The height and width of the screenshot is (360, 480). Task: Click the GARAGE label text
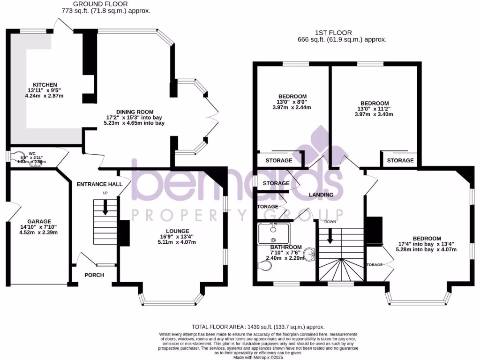pos(38,221)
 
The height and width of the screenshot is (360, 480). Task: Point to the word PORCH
pos(94,275)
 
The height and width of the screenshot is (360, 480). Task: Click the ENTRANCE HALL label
pos(99,184)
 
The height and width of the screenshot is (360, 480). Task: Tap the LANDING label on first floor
pos(321,195)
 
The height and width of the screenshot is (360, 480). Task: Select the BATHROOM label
pos(286,247)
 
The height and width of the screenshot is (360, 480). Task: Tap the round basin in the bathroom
pos(308,255)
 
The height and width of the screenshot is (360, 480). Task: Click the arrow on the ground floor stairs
pos(105,207)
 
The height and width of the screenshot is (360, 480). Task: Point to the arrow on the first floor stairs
pos(330,236)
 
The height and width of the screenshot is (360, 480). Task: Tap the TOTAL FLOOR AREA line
pos(258,327)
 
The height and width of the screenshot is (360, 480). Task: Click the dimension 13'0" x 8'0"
pos(293,100)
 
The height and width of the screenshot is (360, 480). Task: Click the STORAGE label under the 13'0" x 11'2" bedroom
pos(400,160)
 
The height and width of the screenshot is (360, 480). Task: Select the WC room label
pos(32,153)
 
